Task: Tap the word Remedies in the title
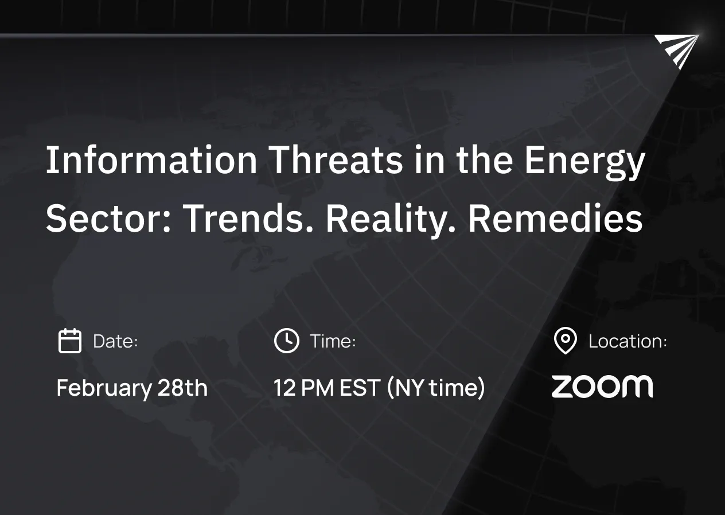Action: [555, 219]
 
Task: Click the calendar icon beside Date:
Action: [70, 341]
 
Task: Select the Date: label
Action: [115, 341]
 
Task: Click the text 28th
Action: [182, 388]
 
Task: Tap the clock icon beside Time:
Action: [286, 341]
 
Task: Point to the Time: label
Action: [333, 341]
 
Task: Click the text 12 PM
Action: [303, 388]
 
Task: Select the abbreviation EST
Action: [360, 388]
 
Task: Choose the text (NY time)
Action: [435, 388]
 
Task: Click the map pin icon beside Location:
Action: [566, 341]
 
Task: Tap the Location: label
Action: [627, 341]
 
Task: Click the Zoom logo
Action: [602, 387]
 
